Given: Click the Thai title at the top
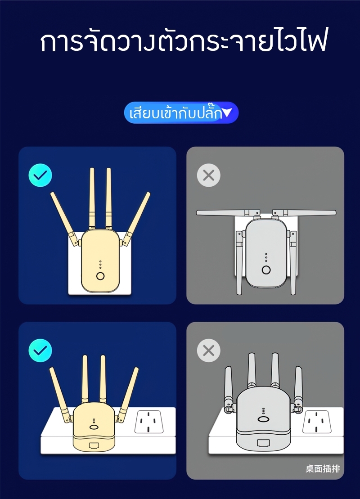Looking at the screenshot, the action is tap(183, 41).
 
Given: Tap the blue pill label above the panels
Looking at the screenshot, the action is tap(181, 112).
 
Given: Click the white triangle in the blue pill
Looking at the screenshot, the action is tap(228, 112).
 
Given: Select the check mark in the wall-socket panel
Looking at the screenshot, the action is tap(40, 175).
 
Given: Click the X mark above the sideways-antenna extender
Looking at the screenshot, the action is tap(208, 175).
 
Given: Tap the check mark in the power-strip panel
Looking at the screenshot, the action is tap(40, 351).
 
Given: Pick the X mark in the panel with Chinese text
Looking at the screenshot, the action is tap(208, 351).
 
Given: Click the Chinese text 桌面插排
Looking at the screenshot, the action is tap(323, 469).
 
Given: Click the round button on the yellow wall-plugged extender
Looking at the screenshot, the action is tap(100, 275).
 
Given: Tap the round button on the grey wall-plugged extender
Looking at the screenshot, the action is tap(266, 270).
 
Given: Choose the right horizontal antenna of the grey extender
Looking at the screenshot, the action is tap(304, 212).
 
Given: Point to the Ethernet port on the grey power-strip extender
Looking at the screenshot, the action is tap(263, 443).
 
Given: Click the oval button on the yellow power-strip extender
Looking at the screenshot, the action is tap(94, 427).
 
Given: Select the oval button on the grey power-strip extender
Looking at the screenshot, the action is tap(263, 419).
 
